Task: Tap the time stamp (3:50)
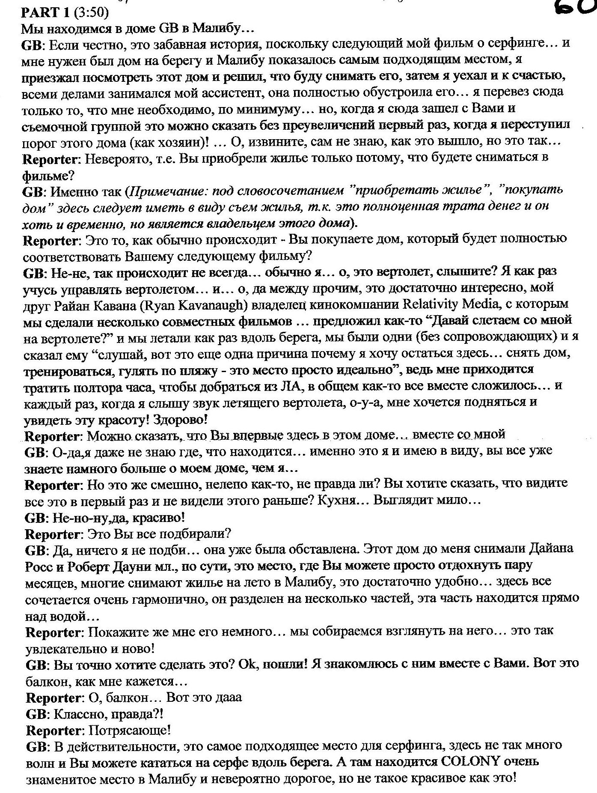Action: [91, 13]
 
